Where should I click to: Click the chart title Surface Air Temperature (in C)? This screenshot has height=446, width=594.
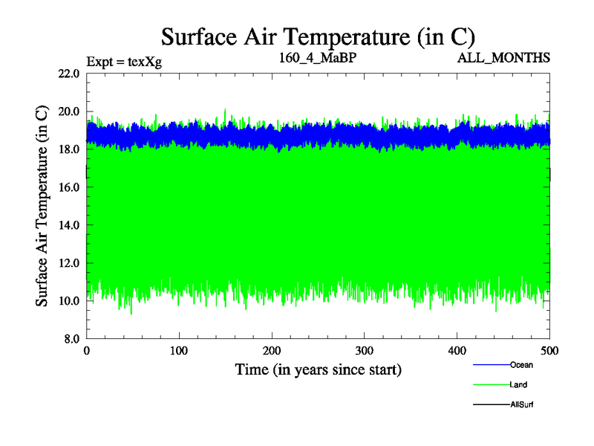coord(318,36)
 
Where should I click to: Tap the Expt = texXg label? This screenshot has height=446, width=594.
coord(124,61)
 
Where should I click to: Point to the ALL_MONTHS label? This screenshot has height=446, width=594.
coord(504,57)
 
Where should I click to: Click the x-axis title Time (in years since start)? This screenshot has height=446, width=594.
coord(318,369)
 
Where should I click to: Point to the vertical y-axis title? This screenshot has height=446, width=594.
coord(42,206)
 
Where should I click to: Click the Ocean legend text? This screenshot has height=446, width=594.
coord(521,365)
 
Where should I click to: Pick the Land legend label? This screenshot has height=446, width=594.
coord(519,385)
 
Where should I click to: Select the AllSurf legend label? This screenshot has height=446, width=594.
coord(522,404)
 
